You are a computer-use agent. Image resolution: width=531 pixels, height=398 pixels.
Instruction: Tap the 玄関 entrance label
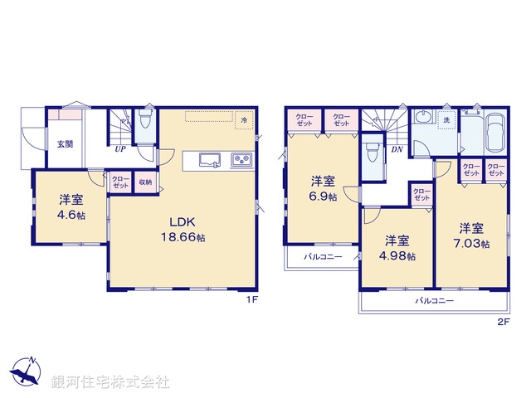[x=65, y=143]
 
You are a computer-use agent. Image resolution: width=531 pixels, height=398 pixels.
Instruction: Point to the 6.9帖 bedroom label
[x=324, y=188]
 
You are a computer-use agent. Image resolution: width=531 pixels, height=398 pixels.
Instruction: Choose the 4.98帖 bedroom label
[x=397, y=246]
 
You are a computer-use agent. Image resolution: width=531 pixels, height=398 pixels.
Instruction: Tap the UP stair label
[x=120, y=149]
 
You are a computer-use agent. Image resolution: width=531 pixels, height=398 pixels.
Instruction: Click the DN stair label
[x=397, y=149]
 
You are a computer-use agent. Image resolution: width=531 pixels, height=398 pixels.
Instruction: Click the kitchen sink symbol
[x=207, y=159]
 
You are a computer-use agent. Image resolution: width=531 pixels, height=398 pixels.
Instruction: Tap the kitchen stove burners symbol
[x=241, y=159]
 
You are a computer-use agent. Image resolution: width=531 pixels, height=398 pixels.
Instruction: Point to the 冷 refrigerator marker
[x=244, y=121]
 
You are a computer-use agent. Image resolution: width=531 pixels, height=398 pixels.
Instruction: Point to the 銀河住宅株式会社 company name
[x=110, y=382]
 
